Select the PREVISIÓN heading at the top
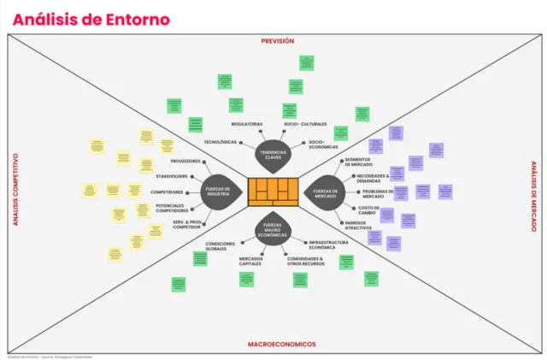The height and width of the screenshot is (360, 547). coord(277,40)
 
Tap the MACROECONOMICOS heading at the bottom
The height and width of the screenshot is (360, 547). coord(281,344)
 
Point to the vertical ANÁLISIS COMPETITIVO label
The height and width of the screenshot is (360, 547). coord(15,190)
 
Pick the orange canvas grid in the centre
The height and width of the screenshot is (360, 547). coord(273,192)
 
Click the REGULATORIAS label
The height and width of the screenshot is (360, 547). coord(246,124)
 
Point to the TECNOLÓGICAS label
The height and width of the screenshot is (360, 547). coord(220,142)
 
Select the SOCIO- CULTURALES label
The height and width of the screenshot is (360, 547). coord(305,124)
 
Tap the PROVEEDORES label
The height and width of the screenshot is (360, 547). coord(185,161)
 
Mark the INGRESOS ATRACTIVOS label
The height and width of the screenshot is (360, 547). coord(358,227)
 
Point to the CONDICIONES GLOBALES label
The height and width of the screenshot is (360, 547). coord(220,245)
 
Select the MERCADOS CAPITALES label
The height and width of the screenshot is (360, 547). coord(250,261)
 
